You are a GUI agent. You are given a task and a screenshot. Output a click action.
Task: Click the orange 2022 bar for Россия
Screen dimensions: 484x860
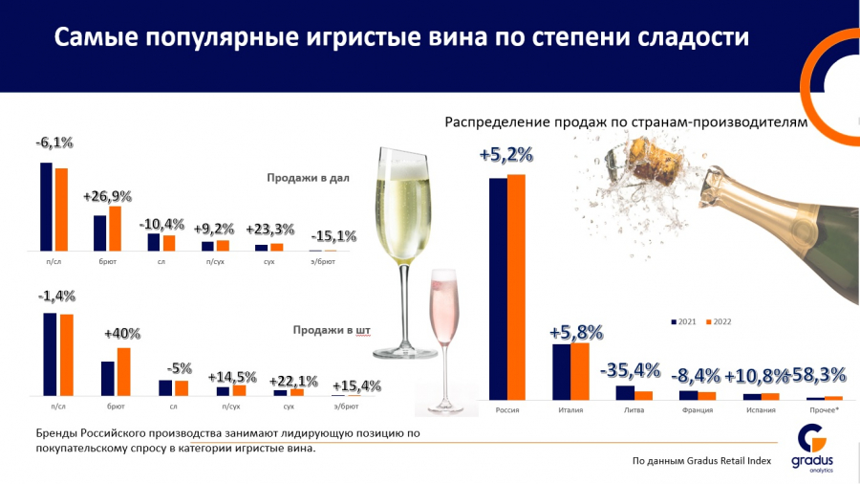click(517, 287)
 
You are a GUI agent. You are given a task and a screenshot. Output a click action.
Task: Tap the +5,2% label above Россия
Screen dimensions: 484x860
click(506, 155)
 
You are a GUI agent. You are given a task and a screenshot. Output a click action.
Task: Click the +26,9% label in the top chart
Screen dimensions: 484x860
click(107, 196)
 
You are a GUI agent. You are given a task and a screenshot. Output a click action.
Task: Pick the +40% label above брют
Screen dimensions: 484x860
click(122, 334)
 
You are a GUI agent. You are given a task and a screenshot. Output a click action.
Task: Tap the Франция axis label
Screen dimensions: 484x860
click(698, 411)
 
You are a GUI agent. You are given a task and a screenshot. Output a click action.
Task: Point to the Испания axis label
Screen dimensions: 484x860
click(762, 411)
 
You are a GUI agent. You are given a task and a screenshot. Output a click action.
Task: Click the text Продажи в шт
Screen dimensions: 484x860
click(331, 331)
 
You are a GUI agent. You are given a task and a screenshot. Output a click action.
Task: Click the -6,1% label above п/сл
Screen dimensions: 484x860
click(54, 143)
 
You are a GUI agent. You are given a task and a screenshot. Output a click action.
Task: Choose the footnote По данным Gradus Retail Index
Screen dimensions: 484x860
click(701, 461)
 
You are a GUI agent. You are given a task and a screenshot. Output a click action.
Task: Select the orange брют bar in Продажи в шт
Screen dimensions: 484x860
click(123, 371)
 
